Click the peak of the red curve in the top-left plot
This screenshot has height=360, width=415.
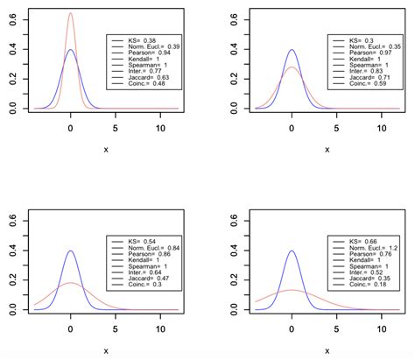click(x=71, y=13)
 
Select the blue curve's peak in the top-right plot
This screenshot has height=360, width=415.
click(x=292, y=50)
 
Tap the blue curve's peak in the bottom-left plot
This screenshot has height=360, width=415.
click(x=71, y=251)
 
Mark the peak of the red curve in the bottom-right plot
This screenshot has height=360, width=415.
click(x=292, y=290)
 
